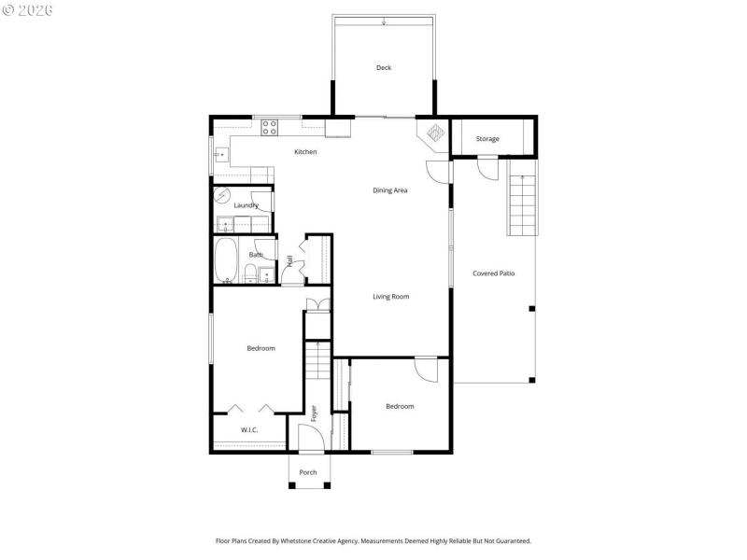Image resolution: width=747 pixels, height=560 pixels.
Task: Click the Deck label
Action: pos(383,67)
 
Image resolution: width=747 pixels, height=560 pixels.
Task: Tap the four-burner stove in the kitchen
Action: pos(270,125)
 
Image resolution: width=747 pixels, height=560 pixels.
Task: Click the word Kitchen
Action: pos(305,151)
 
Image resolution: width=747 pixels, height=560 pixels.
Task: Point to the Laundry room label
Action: pos(246,205)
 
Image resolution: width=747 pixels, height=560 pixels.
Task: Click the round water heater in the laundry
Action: pos(222,196)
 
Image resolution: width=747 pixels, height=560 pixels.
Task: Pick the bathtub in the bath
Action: pos(226,260)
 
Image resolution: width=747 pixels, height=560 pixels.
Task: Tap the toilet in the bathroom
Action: pos(250,273)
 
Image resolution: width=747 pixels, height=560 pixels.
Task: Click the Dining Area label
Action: pos(390,190)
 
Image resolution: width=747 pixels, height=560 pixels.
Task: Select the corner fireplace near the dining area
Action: pos(434,133)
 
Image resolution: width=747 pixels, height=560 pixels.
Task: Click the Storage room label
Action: pos(487,139)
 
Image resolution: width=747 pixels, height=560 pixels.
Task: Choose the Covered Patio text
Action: pos(493,273)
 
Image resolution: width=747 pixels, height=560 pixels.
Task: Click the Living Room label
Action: pos(391,297)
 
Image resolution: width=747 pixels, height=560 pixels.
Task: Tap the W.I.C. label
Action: pos(249,430)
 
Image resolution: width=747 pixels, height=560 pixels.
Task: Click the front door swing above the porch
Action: pos(309,437)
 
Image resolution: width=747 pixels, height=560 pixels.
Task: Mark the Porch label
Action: pos(308,472)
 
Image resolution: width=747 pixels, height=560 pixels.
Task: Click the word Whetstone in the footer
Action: pos(291,540)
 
